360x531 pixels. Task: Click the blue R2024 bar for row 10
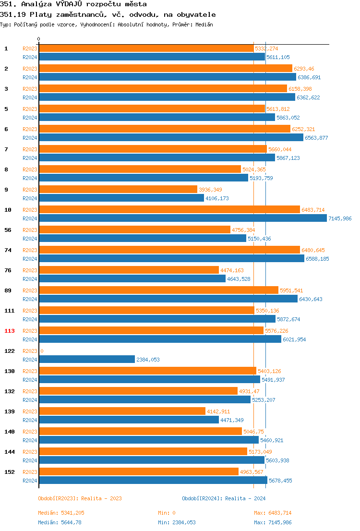click(x=182, y=218)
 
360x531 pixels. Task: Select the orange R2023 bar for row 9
click(x=118, y=190)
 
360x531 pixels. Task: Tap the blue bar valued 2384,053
click(x=86, y=360)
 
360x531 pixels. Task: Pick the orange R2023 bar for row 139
click(x=122, y=411)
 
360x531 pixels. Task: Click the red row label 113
click(x=10, y=331)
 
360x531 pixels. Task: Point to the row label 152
click(x=10, y=472)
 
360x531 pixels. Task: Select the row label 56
click(x=8, y=230)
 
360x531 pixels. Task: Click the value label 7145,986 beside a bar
click(x=340, y=218)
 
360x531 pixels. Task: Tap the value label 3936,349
click(x=210, y=190)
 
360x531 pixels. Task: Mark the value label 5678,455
click(x=280, y=481)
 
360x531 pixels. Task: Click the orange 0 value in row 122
click(x=42, y=351)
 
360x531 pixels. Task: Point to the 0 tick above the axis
click(x=39, y=39)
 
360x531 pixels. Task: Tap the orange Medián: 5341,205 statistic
click(x=61, y=513)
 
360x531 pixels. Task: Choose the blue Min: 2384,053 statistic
click(x=177, y=522)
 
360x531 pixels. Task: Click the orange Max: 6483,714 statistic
click(x=273, y=513)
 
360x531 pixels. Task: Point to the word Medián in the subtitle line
click(x=204, y=24)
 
